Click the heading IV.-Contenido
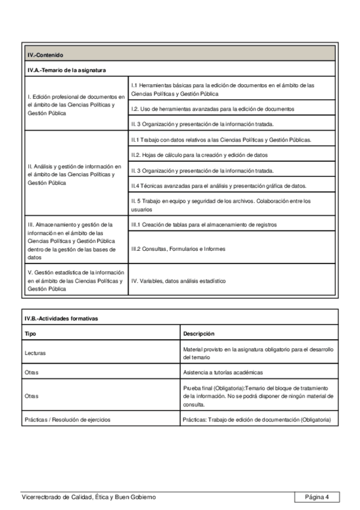[46, 55]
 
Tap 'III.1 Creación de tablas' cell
[204, 225]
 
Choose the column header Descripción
[199, 333]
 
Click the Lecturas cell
[35, 353]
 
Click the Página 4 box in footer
[317, 497]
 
